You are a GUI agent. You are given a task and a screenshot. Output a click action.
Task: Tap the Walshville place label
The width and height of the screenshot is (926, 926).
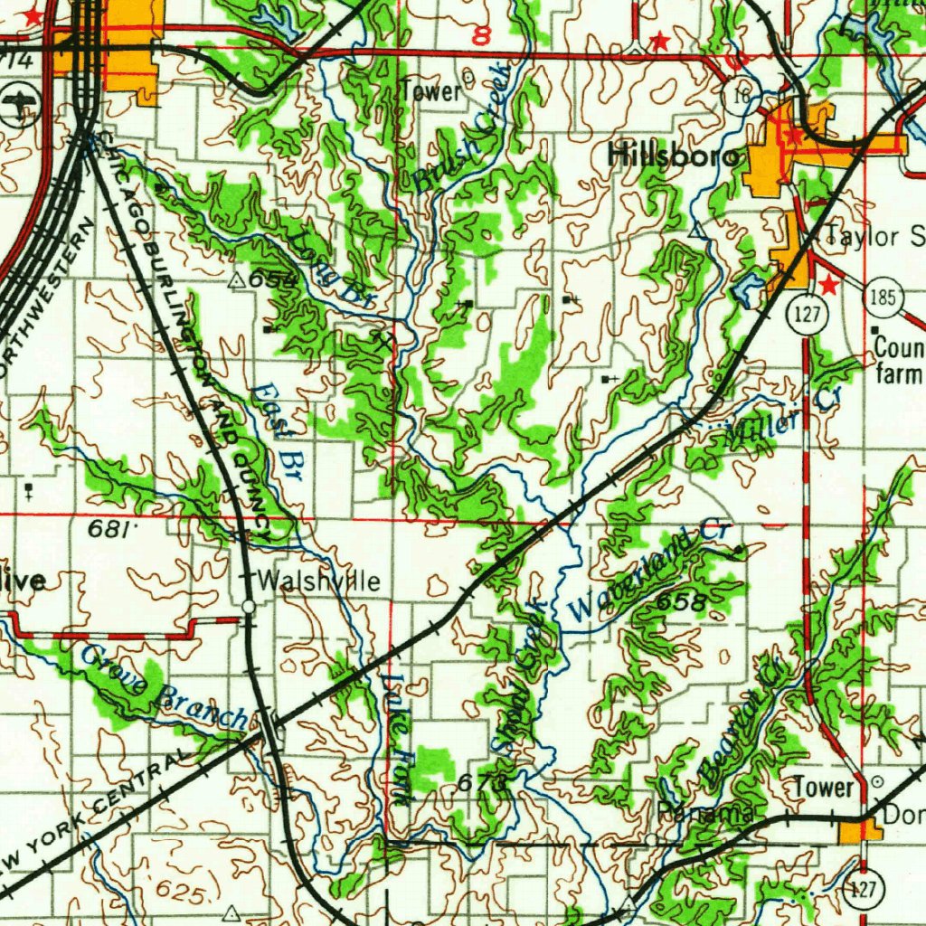click(x=319, y=581)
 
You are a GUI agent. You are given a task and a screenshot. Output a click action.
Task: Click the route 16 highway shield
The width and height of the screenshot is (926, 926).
click(x=742, y=96)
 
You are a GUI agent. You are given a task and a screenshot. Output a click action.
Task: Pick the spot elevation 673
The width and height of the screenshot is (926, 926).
click(x=477, y=784)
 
